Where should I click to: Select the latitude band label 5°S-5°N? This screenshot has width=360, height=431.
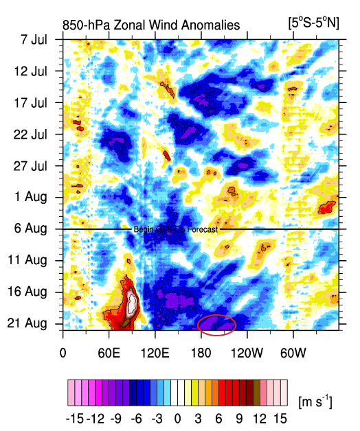pyautogui.click(x=314, y=23)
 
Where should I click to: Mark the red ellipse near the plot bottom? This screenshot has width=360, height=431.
pyautogui.click(x=216, y=323)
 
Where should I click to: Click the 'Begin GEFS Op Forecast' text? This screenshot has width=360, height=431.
pyautogui.click(x=175, y=230)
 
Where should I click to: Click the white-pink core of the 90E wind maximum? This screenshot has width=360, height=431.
pyautogui.click(x=132, y=302)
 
